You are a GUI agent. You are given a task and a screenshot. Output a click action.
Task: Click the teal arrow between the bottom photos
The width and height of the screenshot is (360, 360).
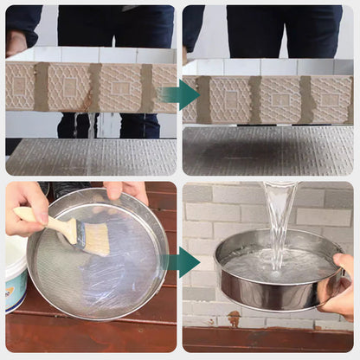pyautogui.click(x=182, y=262)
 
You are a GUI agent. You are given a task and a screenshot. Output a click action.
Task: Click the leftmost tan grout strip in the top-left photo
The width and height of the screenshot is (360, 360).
pyautogui.click(x=41, y=87)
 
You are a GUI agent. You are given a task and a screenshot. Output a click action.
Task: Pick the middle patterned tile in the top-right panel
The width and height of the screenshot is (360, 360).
pyautogui.click(x=280, y=99)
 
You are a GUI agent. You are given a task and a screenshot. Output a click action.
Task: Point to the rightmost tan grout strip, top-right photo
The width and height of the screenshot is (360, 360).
pyautogui.click(x=305, y=98)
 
